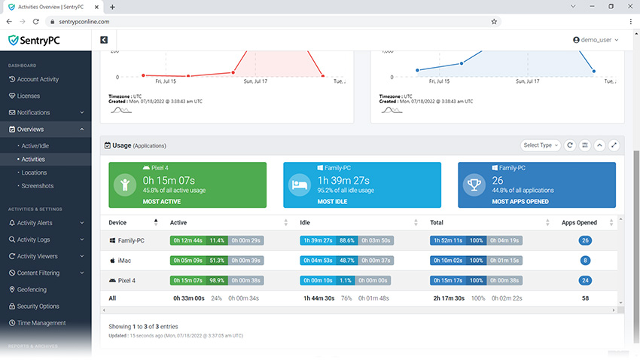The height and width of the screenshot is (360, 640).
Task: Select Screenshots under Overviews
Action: tap(38, 186)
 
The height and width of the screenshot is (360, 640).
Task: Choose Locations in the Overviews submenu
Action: tap(34, 172)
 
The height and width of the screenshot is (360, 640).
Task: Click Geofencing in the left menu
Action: tap(32, 289)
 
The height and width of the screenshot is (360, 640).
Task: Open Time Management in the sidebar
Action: tap(41, 323)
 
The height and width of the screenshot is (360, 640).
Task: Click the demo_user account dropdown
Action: tap(596, 40)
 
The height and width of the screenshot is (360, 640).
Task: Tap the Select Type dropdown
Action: tap(541, 145)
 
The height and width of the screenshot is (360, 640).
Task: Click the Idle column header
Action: tap(305, 223)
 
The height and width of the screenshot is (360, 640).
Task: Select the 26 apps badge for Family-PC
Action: tap(585, 240)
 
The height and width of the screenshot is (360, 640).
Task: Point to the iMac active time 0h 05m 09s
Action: tap(188, 261)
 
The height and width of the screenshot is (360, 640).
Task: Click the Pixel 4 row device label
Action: tap(125, 280)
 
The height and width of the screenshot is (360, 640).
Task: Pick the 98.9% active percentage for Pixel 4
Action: tap(217, 280)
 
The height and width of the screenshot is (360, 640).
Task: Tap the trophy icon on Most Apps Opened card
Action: tap(474, 185)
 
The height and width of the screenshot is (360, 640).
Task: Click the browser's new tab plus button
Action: tap(112, 7)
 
